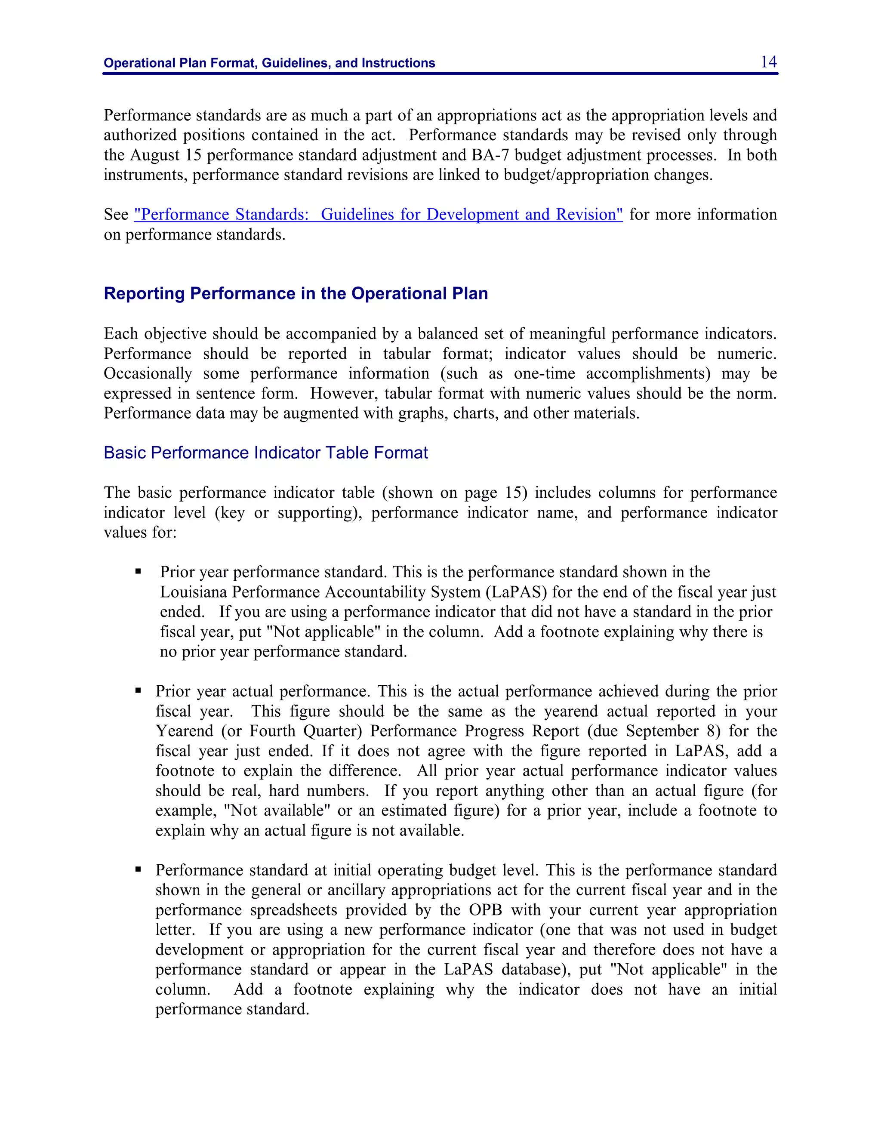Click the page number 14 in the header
coord(768,62)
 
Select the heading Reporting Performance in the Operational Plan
coord(296,293)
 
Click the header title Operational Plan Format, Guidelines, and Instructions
coord(269,63)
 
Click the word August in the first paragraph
coord(154,155)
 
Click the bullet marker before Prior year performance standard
coord(139,572)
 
